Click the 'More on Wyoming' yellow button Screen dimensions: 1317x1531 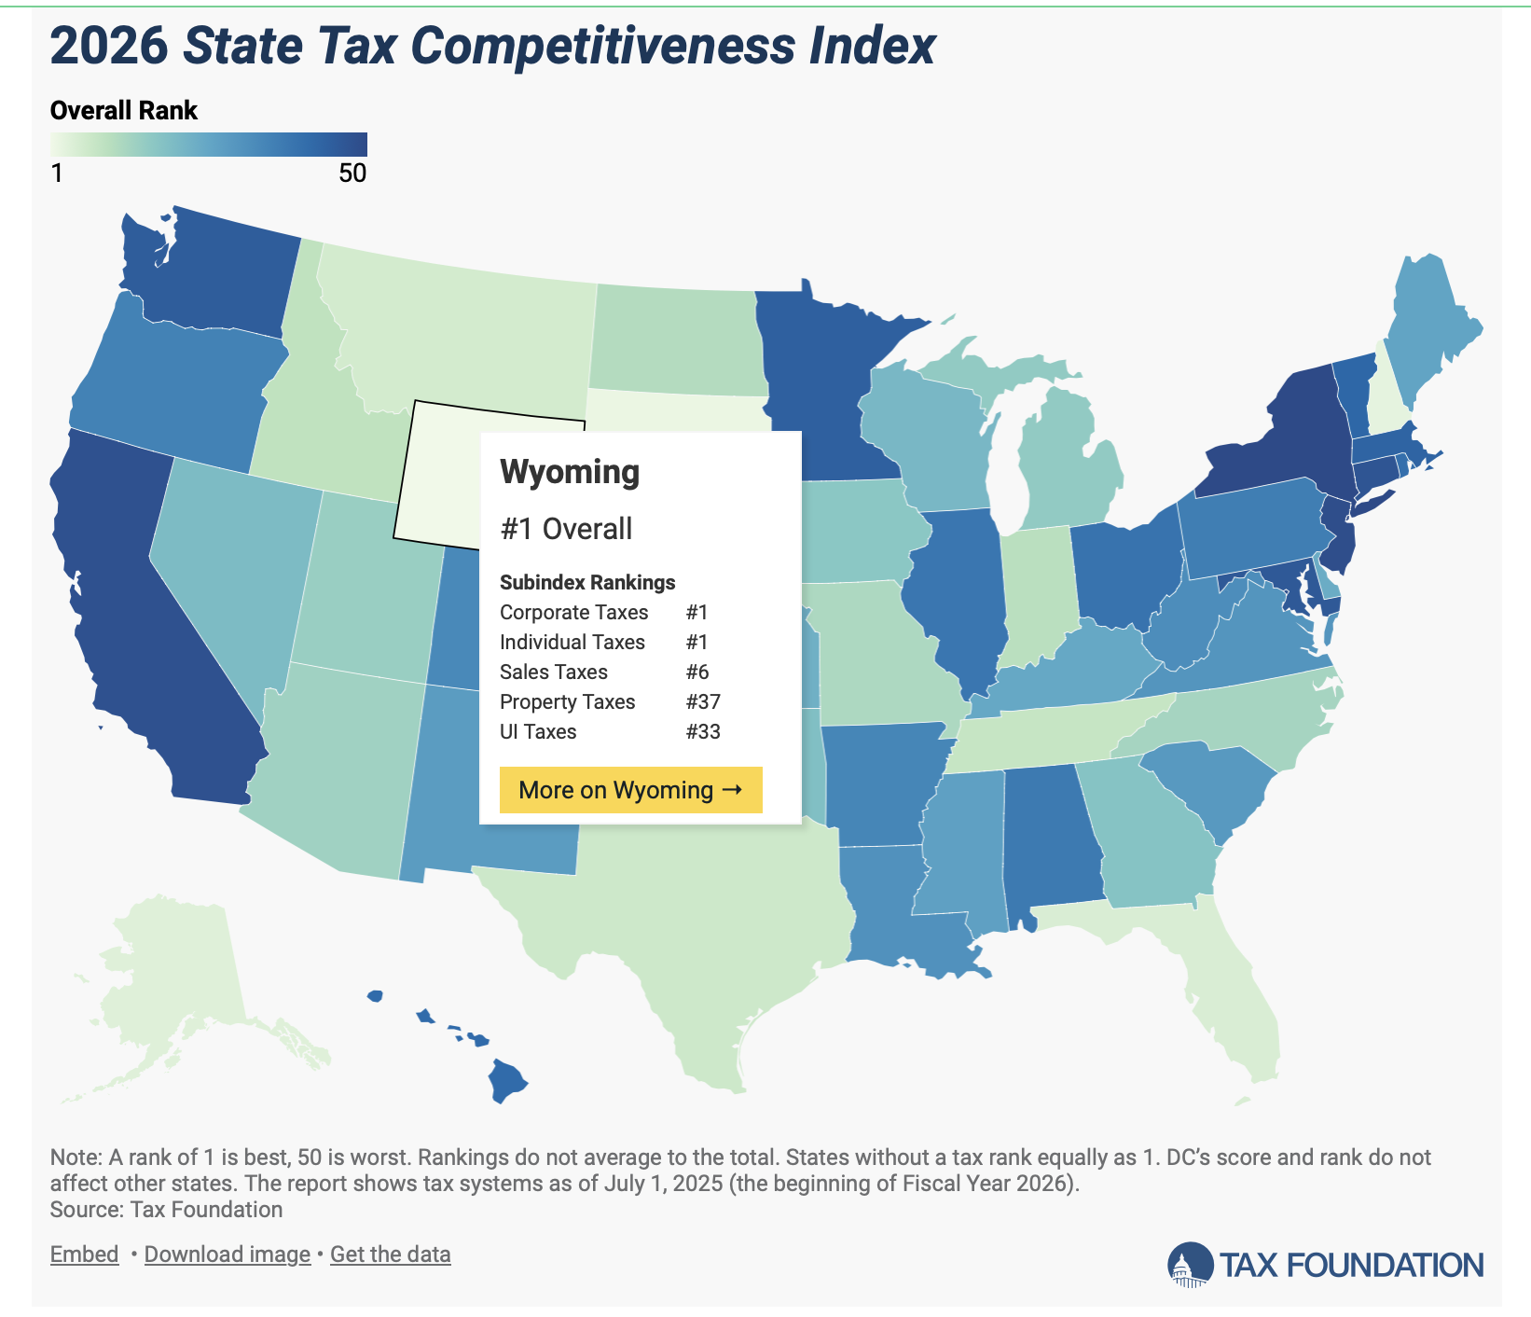point(630,790)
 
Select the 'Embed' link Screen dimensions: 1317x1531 point(84,1254)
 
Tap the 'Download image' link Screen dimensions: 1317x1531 point(227,1254)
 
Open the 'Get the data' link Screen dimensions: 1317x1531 point(390,1254)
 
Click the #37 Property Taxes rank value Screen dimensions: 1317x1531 point(703,701)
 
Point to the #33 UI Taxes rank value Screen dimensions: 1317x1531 point(703,731)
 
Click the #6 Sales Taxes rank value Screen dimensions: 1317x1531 point(697,672)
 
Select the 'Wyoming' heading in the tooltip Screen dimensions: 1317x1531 point(570,472)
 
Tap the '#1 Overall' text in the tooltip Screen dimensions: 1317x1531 point(566,529)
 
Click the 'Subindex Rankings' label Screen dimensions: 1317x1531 point(587,582)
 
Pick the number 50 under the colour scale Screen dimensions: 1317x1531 point(352,173)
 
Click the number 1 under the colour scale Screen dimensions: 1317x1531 point(57,173)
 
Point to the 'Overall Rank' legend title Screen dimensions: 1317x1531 point(123,110)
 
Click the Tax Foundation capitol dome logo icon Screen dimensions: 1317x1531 point(1188,1265)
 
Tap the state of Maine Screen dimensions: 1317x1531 point(1431,326)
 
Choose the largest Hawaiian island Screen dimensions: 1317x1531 point(508,1082)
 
